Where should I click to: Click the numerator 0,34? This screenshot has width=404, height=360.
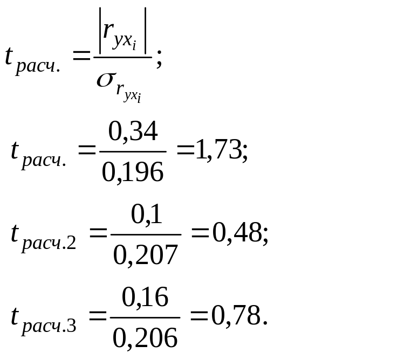133,131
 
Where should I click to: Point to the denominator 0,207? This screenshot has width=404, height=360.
145,255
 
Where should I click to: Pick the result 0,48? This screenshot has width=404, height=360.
236,234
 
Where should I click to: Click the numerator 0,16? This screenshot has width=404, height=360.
145,297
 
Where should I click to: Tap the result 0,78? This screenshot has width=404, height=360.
235,317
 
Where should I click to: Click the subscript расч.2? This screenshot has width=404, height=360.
49,243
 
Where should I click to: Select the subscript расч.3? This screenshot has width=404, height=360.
49,326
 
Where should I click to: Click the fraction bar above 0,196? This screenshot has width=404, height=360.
132,152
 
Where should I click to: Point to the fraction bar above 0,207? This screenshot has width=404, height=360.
145,235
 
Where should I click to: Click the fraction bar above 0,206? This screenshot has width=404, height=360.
145,318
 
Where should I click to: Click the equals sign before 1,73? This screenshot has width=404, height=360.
185,152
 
